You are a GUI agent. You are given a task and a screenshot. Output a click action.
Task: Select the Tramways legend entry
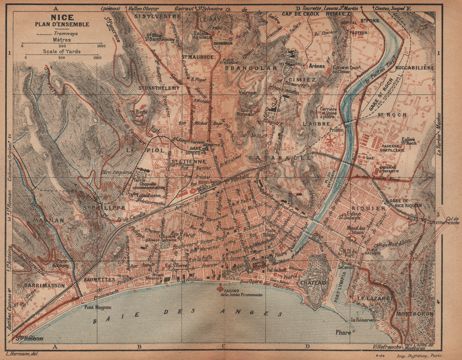(x=65, y=33)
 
